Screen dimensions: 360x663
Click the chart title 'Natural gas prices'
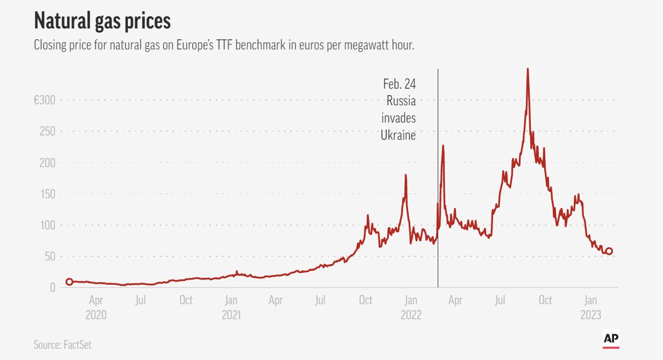(x=102, y=21)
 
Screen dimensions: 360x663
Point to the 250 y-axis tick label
(x=47, y=131)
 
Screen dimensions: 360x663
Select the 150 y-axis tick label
(x=47, y=194)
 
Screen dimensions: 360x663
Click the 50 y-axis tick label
(x=49, y=257)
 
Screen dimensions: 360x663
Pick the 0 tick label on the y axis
(x=52, y=288)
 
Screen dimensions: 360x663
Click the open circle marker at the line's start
(x=69, y=282)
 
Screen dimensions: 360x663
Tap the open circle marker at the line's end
(x=609, y=251)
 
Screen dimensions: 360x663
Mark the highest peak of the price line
(x=527, y=69)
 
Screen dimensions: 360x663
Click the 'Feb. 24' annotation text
(x=399, y=84)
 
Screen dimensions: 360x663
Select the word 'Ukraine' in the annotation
(x=398, y=136)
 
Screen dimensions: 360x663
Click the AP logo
(x=610, y=339)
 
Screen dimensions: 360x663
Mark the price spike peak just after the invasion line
(x=443, y=145)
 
